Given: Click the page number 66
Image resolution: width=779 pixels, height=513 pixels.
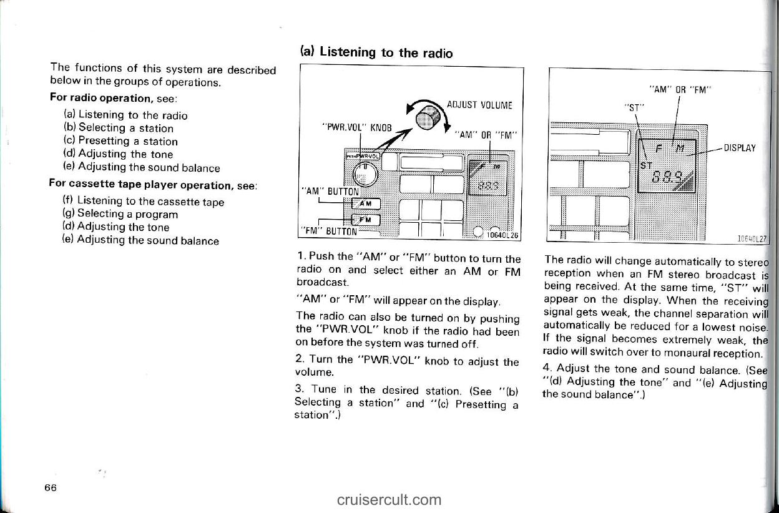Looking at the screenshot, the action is point(51,487).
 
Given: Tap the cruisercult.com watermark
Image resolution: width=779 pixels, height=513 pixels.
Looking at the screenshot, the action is point(389,500).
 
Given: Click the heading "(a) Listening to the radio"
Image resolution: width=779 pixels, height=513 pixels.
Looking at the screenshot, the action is point(376,52).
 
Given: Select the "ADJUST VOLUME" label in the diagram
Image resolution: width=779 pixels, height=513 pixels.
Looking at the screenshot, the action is point(479,105).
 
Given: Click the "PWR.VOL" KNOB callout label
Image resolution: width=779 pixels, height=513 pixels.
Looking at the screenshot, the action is point(357,128).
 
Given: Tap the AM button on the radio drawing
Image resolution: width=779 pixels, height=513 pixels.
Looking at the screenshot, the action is point(366,204).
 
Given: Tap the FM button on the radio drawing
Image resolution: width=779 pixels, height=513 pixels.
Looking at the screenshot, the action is point(366,220).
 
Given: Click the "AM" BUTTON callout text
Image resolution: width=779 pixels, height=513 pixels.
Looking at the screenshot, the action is point(330,192).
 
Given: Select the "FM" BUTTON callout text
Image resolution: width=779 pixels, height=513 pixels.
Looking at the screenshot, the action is point(329,232).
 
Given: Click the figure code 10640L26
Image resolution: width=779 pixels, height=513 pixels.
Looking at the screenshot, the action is point(502,235).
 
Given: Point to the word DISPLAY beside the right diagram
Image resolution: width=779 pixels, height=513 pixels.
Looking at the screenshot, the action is point(740,148).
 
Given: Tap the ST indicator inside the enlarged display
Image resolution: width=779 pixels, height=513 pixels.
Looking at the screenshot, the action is point(646,166).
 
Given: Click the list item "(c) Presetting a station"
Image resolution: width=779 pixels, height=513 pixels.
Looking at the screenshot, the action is point(120,141).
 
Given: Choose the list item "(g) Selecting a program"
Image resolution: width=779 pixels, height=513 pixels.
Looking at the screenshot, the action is point(120,213).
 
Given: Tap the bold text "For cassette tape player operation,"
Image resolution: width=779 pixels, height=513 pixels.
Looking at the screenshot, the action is point(141,184).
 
